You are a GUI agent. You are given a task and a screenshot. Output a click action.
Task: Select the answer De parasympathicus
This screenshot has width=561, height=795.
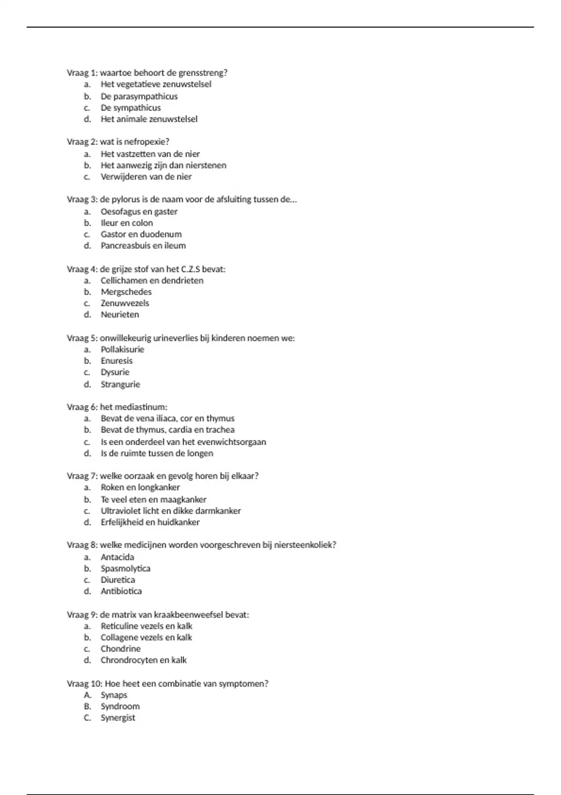[139, 96]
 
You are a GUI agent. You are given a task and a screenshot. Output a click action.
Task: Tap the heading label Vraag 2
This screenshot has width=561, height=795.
[82, 142]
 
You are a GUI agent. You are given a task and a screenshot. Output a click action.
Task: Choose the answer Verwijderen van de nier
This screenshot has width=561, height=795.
[146, 177]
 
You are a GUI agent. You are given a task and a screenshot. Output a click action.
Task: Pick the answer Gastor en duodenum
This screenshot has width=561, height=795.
[141, 234]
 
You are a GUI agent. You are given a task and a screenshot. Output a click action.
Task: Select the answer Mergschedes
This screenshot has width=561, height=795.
[126, 292]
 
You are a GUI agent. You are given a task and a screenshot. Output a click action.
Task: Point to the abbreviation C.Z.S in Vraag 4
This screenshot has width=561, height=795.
[190, 269]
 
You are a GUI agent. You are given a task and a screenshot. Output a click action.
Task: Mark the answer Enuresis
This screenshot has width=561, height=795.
[116, 361]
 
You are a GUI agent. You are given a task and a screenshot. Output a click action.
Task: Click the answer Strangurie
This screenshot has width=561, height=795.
[120, 384]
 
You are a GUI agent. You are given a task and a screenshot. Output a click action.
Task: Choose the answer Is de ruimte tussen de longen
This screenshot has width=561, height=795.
[157, 454]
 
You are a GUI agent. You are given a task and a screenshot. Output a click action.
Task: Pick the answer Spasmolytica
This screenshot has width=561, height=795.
[125, 569]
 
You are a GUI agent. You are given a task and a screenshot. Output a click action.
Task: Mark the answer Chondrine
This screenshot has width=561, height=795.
[120, 649]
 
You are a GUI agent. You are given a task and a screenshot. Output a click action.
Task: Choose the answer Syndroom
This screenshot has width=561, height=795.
[120, 707]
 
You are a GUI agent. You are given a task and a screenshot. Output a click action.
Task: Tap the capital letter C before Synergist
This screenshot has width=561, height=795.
[87, 718]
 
